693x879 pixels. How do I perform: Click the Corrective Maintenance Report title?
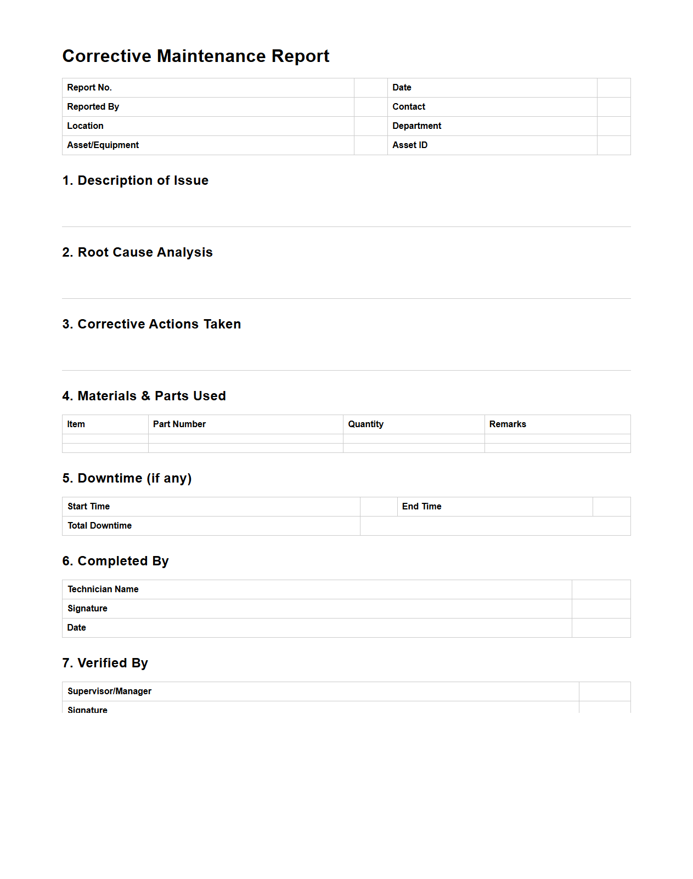coord(196,56)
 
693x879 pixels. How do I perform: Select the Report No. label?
coord(89,88)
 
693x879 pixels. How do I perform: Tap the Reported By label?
coord(93,107)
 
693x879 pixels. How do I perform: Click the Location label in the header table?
coord(85,126)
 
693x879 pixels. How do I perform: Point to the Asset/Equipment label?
coord(103,145)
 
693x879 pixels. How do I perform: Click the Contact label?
coord(409,107)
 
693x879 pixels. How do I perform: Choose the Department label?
coord(417,126)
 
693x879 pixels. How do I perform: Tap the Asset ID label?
coord(410,145)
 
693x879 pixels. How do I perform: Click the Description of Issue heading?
coord(136,180)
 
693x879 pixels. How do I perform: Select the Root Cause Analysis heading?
coord(137,252)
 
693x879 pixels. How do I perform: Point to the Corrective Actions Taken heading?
coord(151,324)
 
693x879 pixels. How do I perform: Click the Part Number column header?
coord(179,424)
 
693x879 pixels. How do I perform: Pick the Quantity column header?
coord(366,424)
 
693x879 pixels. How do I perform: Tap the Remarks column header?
coord(508,424)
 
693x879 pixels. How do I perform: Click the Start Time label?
coord(89,507)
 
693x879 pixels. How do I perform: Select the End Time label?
coord(422,507)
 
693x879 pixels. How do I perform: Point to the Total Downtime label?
coord(100,526)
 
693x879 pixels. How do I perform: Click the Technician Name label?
coord(103,589)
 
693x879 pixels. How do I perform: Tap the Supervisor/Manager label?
coord(110,691)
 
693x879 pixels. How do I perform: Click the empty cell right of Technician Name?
coord(601,589)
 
